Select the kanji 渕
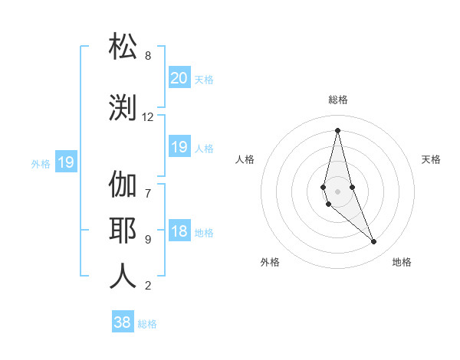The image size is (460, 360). pos(123,107)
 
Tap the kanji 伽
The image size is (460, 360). pos(123,184)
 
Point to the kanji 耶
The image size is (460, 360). pos(123,230)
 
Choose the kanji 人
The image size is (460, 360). pos(123,276)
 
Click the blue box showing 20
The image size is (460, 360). pos(179,77)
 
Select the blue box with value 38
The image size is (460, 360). pos(123,322)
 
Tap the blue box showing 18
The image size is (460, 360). pos(179,232)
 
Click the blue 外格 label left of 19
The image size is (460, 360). pos(40,163)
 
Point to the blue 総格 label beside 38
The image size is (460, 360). pos(147,324)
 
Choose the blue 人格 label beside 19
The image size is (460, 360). pos(204,149)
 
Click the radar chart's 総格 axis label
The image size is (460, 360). pos(337,100)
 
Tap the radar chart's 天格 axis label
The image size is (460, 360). pos(431,159)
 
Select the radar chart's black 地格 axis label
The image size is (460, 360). pos(402,262)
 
